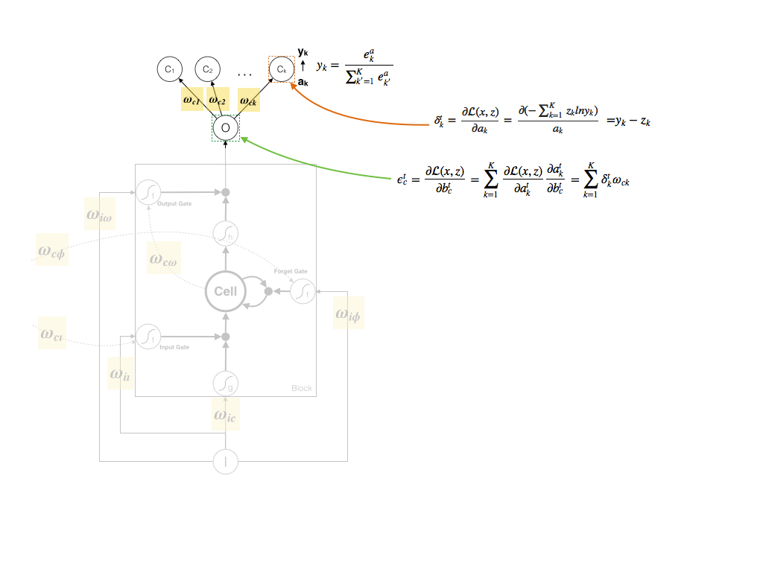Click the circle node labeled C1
[x=170, y=70]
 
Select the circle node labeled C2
[x=207, y=70]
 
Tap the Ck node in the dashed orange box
[x=281, y=70]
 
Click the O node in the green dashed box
[x=225, y=128]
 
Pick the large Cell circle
[x=225, y=291]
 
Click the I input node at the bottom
[x=225, y=462]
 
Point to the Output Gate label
[x=174, y=204]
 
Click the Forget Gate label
[x=291, y=272]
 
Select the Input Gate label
[x=174, y=347]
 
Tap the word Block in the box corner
[x=302, y=389]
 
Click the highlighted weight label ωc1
[x=191, y=99]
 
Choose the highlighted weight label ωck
[x=248, y=100]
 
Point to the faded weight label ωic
[x=226, y=415]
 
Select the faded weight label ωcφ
[x=51, y=250]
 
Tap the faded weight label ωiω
[x=100, y=215]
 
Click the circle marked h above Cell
[x=225, y=234]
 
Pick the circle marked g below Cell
[x=225, y=384]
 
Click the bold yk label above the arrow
[x=303, y=52]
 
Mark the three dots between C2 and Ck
[x=245, y=74]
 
